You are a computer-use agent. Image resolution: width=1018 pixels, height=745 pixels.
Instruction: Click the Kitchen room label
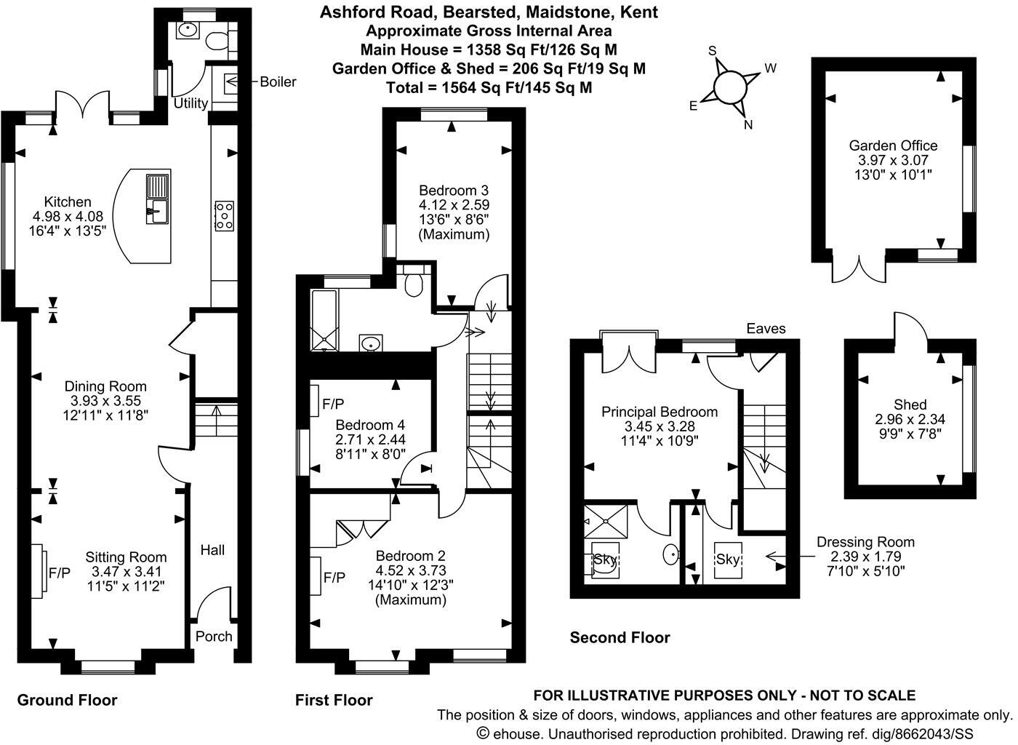(x=68, y=202)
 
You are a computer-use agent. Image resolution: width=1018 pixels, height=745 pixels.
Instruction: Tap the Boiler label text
(x=278, y=82)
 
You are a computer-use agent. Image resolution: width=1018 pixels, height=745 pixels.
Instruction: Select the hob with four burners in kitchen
(x=224, y=216)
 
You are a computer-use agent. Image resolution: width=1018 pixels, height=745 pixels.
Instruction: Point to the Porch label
(x=215, y=637)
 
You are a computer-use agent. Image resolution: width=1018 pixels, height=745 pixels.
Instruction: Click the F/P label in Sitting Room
(x=60, y=573)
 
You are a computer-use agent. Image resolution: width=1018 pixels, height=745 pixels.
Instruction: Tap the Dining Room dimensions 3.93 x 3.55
(x=105, y=401)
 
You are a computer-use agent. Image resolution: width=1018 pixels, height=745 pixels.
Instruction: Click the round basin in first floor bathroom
(x=372, y=343)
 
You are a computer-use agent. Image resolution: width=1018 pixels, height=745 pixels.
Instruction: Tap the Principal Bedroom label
(x=659, y=412)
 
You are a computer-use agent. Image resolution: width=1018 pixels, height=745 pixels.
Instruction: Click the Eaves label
(x=766, y=329)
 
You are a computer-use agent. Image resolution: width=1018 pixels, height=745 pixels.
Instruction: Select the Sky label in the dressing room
(x=728, y=559)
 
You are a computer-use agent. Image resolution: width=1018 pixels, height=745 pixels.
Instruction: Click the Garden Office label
(x=894, y=146)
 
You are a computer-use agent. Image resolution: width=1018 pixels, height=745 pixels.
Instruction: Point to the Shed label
(x=910, y=405)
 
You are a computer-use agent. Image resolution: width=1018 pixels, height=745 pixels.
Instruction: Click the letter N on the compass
(x=748, y=124)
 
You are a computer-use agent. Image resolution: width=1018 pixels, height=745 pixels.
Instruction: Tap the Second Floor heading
(x=620, y=638)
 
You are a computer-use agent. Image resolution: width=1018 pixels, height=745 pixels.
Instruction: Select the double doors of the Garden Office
(x=860, y=270)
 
